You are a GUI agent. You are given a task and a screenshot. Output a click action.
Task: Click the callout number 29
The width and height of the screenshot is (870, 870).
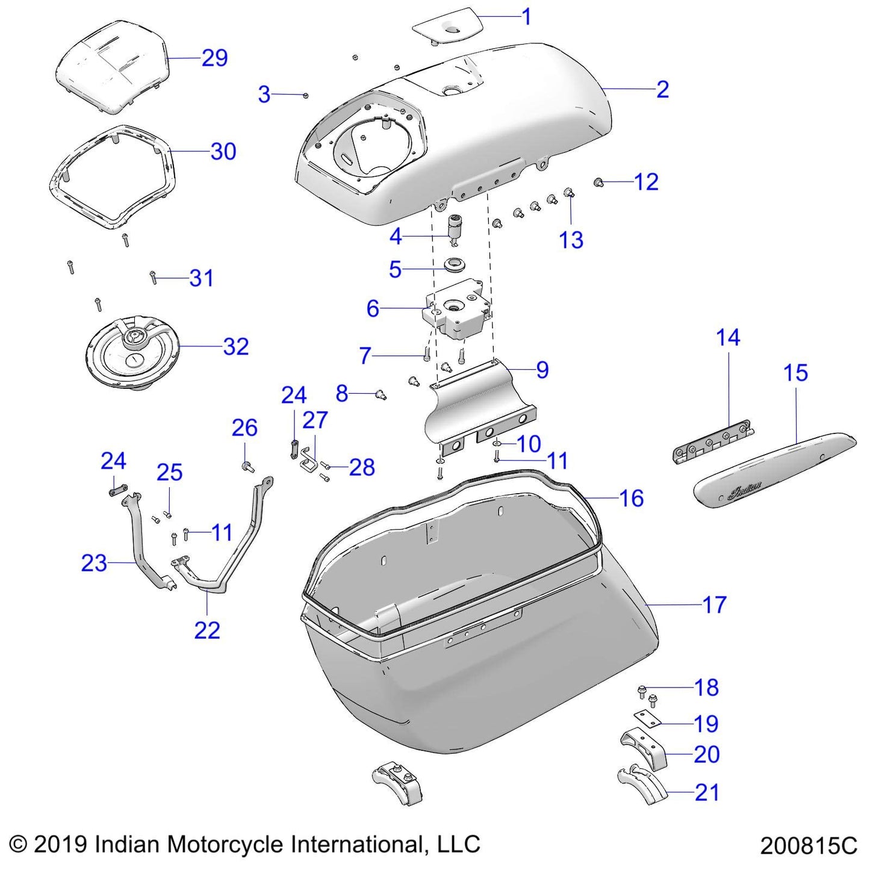click(x=214, y=58)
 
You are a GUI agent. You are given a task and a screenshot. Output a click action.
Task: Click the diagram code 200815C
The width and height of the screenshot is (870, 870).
click(x=808, y=845)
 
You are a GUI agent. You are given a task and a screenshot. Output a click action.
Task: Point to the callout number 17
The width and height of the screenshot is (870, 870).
click(x=715, y=604)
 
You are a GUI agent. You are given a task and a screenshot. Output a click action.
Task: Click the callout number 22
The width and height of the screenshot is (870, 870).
click(x=207, y=630)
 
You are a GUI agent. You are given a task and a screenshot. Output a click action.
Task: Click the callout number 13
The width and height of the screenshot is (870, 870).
click(x=571, y=240)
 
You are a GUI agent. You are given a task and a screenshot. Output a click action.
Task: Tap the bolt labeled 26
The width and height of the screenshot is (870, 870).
click(x=246, y=466)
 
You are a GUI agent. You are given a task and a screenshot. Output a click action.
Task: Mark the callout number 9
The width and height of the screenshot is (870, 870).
click(x=542, y=370)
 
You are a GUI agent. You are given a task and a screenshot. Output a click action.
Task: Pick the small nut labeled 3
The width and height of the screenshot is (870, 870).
click(x=306, y=95)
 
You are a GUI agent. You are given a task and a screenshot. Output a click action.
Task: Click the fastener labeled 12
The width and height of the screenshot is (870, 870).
click(x=598, y=182)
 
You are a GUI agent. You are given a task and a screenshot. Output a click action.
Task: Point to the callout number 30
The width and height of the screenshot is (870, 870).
click(x=223, y=151)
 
